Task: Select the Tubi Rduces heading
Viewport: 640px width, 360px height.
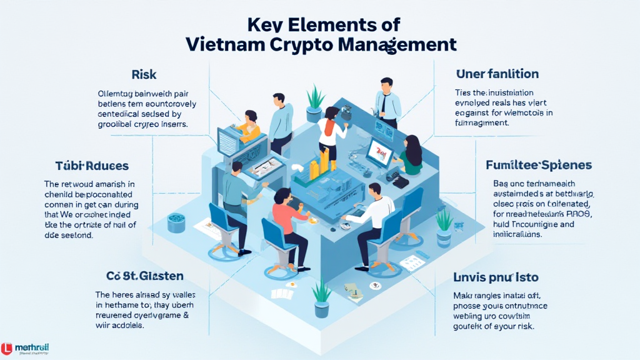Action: pos(91,166)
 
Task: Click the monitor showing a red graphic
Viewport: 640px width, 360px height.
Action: pos(379,150)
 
